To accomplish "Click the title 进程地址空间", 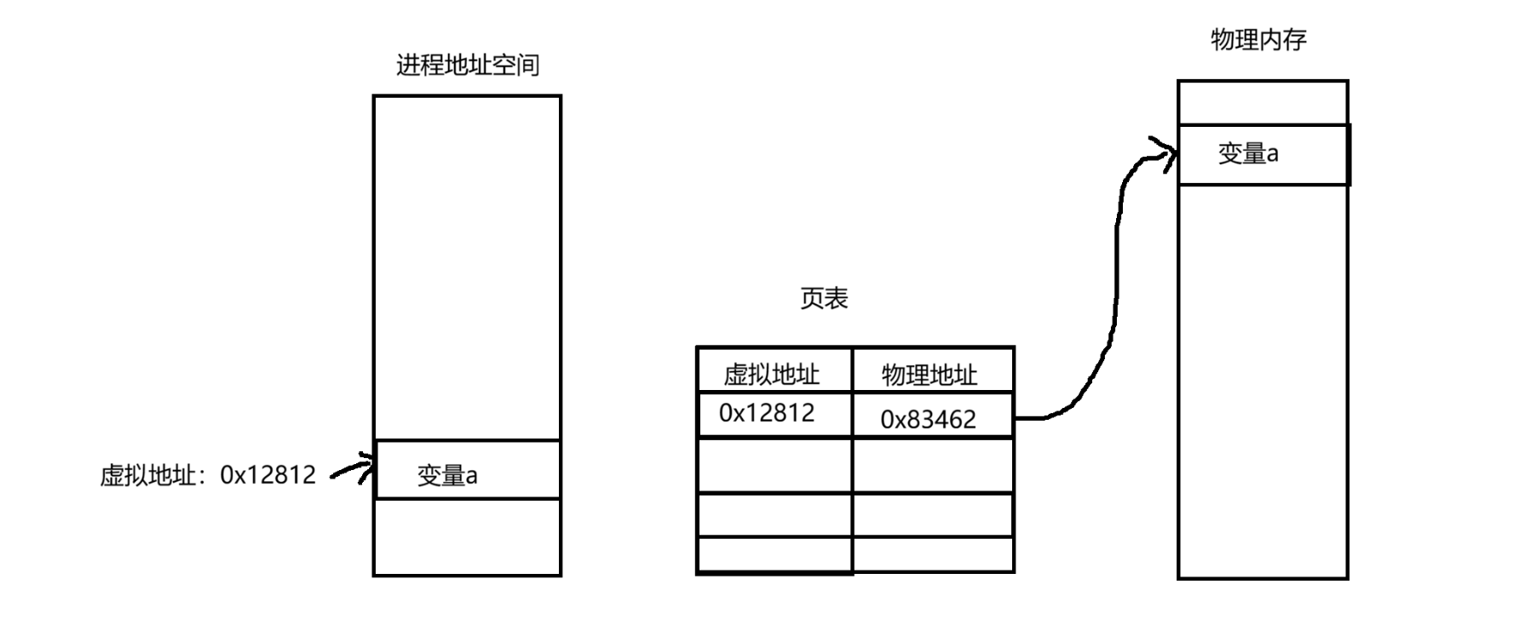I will (x=467, y=66).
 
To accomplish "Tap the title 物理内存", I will (x=1258, y=39).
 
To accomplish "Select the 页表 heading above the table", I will (x=824, y=298).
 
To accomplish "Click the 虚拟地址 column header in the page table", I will (x=771, y=374).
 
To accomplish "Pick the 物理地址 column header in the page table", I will (x=929, y=375).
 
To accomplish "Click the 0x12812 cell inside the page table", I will (x=767, y=413).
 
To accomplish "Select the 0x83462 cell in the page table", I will (x=928, y=419).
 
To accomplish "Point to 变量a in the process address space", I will (x=447, y=475).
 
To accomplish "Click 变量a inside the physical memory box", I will (x=1248, y=154).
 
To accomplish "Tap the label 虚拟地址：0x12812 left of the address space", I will (x=208, y=475).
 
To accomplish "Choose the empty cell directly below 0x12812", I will (x=774, y=465).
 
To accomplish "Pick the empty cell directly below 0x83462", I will (x=932, y=465).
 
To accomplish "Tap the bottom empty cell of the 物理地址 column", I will (x=932, y=554).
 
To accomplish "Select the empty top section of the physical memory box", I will (x=1262, y=103).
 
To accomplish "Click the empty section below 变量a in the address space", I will (x=467, y=536).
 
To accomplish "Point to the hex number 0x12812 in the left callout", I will (x=268, y=475).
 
